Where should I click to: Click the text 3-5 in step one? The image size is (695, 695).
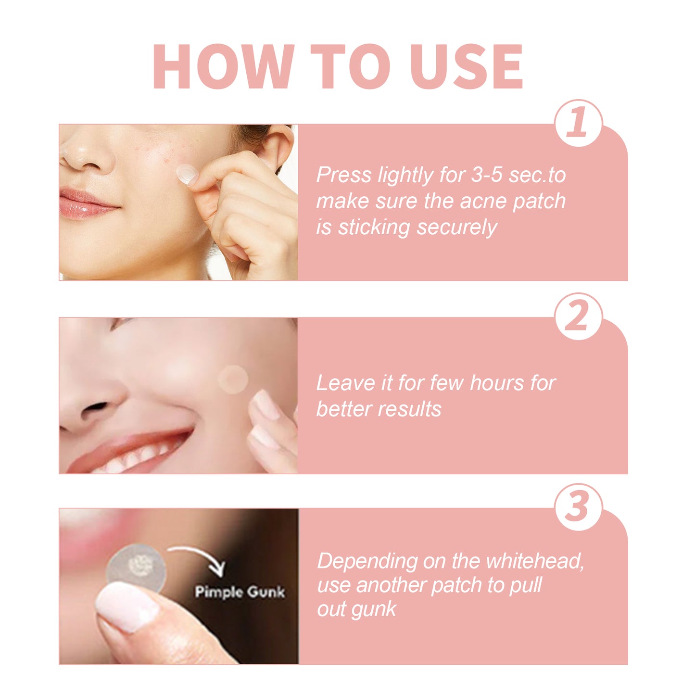tap(487, 175)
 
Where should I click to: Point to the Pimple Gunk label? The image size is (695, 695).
tap(240, 592)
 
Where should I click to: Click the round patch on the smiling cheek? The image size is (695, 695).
tap(233, 380)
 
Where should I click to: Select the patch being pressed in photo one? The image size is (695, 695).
tap(186, 173)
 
